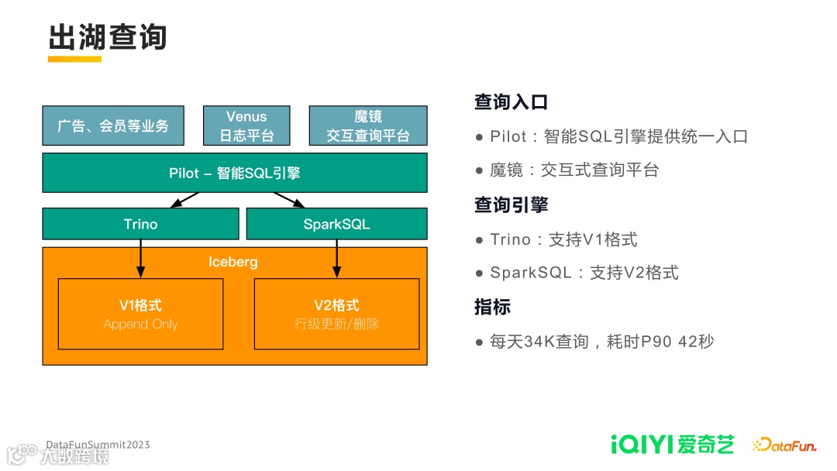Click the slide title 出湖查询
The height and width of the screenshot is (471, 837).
tap(108, 36)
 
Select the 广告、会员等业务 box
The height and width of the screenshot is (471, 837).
tap(113, 125)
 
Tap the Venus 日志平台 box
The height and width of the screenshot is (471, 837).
tap(246, 125)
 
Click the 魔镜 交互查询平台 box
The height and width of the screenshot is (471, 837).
tap(368, 125)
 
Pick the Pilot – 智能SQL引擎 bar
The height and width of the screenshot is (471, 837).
tap(235, 173)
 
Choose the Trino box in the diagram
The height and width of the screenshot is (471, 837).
tap(140, 224)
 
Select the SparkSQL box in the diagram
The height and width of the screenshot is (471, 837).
tap(336, 224)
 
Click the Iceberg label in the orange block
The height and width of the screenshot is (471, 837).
tap(233, 262)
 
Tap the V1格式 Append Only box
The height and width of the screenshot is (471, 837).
tap(140, 314)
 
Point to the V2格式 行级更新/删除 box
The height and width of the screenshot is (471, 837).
tap(336, 314)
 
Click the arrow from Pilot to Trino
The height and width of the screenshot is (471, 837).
tap(185, 200)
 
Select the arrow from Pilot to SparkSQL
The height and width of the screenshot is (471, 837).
tap(288, 200)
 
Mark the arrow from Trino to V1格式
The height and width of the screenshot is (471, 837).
tap(140, 258)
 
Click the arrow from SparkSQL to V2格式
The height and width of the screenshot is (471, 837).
tap(336, 258)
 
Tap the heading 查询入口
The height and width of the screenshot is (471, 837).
tap(511, 102)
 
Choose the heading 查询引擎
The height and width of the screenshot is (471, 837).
tap(511, 205)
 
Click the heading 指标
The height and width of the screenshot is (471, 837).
tap(492, 307)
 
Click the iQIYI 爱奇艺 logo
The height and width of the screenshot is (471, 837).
tap(671, 445)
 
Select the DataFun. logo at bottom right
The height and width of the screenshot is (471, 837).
tap(784, 445)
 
